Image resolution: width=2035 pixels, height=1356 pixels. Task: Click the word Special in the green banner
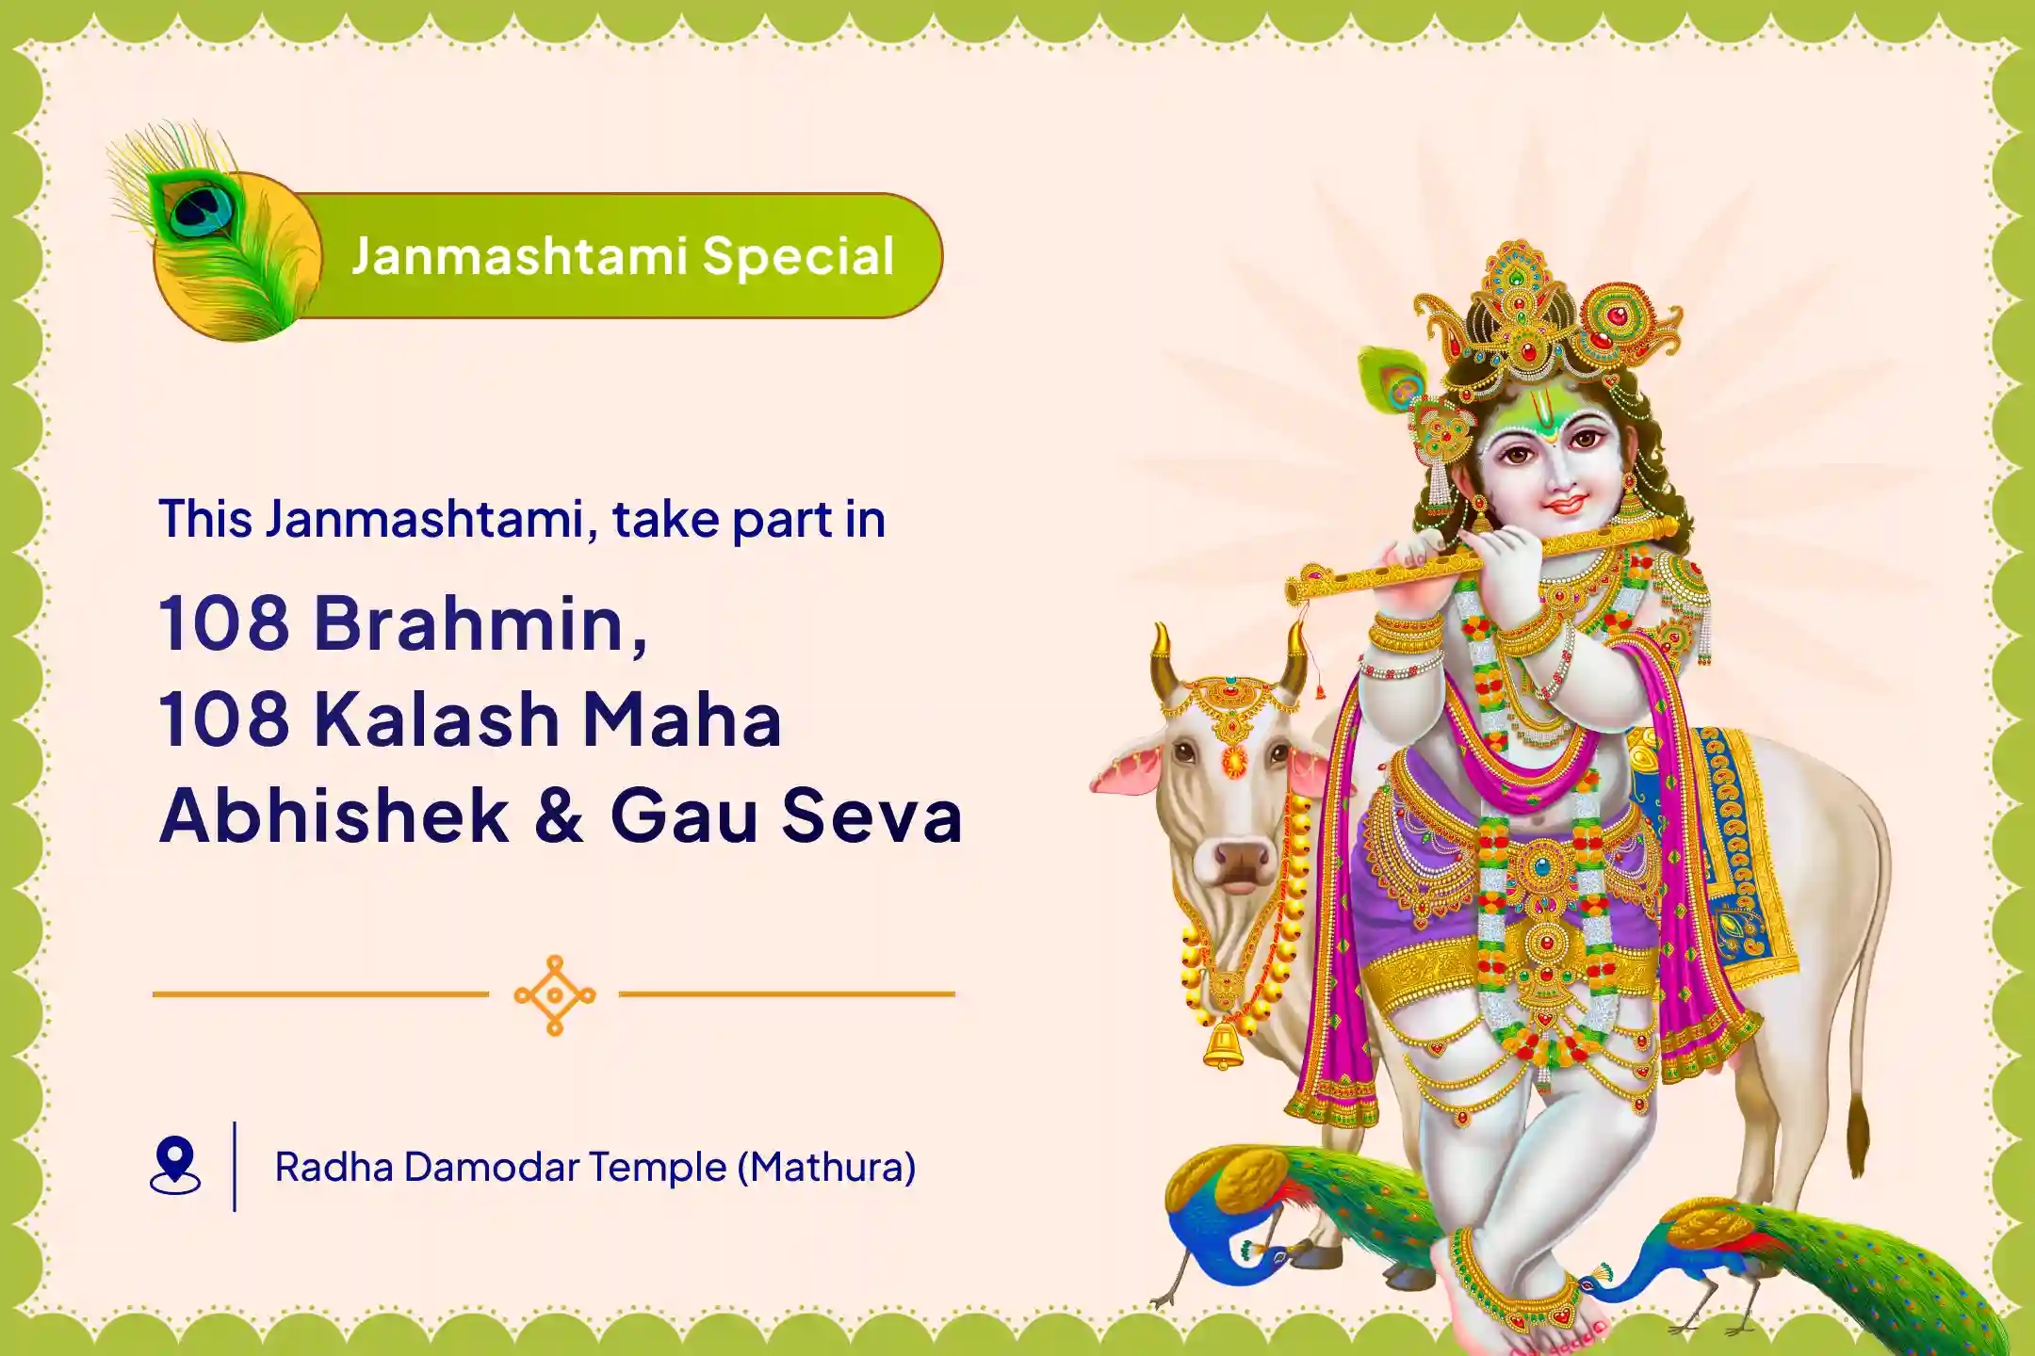pos(797,256)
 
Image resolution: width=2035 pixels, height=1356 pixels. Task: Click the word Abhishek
pos(334,815)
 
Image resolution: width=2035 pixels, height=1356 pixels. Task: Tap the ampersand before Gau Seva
pos(558,815)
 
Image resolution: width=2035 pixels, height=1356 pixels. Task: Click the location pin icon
pos(175,1165)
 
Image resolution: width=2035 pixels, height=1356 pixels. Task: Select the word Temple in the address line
pos(659,1167)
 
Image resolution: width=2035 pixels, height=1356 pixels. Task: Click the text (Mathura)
pos(826,1167)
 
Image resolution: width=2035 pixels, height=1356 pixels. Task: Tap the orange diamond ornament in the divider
pos(555,994)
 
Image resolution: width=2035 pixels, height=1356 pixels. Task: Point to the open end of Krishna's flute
pos(1294,591)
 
